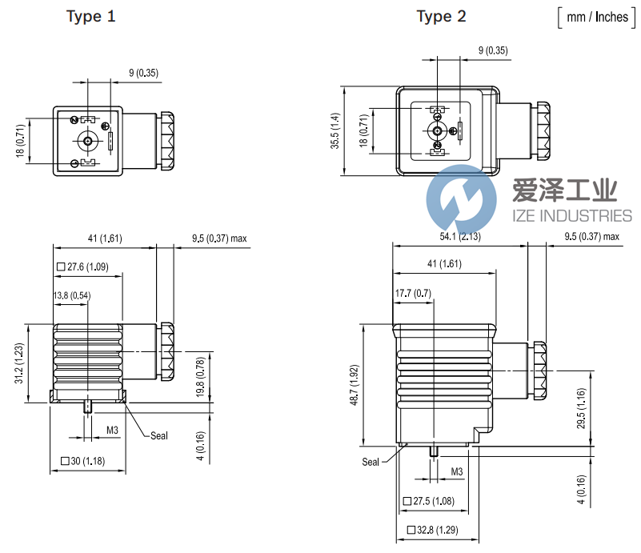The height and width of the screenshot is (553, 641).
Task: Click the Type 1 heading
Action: pos(95,17)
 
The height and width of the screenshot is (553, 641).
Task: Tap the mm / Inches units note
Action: pos(597,17)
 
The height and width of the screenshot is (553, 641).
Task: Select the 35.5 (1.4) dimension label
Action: pos(336,130)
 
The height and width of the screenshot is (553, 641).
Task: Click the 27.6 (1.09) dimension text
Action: pos(83,267)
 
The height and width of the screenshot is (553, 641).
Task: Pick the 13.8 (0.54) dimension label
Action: pos(72,296)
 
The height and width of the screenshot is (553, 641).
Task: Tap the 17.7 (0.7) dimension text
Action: pos(413,294)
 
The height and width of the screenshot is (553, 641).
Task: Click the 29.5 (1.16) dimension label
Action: pos(582,408)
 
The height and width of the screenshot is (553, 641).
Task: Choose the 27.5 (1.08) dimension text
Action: pos(429,501)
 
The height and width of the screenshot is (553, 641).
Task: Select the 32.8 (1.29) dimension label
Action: pos(433,530)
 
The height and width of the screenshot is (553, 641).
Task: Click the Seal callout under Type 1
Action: pos(159,435)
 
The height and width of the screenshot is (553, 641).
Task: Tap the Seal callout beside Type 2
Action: pos(371,462)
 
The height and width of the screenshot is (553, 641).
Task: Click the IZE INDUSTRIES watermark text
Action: pos(571,215)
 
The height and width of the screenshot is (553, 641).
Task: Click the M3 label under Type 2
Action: pos(456,471)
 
